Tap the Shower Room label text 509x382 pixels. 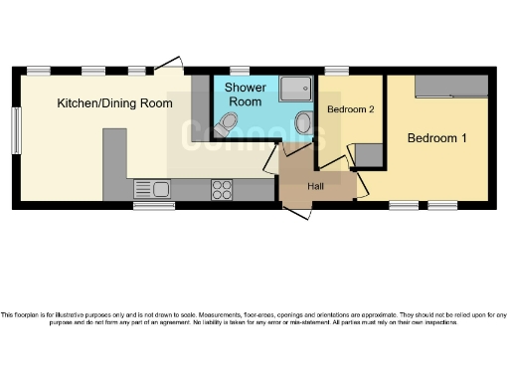tap(246, 95)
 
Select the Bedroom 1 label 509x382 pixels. tap(436, 138)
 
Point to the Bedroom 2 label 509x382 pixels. tap(350, 108)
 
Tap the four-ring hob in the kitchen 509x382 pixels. tap(222, 188)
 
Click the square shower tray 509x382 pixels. tap(295, 90)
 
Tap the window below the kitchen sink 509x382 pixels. tap(154, 206)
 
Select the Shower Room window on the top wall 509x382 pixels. tap(240, 71)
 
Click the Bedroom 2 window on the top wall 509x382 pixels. tap(336, 71)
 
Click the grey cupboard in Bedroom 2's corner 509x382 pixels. tap(369, 155)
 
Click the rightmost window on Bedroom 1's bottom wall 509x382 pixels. tap(442, 206)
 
